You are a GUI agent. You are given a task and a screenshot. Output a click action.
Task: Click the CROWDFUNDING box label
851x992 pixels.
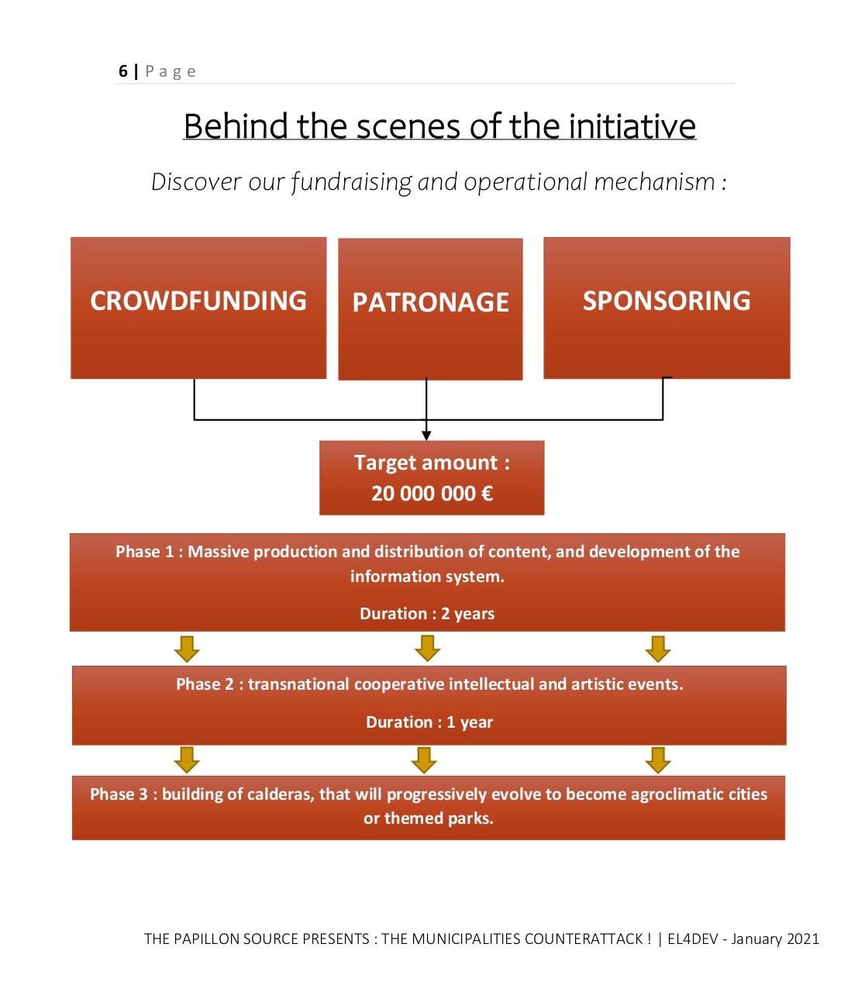coord(198,301)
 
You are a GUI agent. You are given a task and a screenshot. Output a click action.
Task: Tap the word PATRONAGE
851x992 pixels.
coord(430,302)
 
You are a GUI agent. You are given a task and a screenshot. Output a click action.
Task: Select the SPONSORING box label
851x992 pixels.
coord(667,301)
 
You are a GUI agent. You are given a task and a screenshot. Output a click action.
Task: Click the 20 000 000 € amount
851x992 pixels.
coord(432,494)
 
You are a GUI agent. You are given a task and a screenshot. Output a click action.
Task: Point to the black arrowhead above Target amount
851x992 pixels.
coord(426,436)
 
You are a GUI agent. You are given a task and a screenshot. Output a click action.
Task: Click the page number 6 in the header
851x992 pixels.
coord(123,71)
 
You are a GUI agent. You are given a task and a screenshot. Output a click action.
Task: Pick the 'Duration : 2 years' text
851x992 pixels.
coord(427,614)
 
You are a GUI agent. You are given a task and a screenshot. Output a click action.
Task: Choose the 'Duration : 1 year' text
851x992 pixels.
coord(429,722)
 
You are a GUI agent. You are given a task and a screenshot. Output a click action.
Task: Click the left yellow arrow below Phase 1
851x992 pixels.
coord(187,649)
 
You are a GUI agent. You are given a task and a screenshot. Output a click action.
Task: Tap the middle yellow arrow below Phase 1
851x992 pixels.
coord(427,649)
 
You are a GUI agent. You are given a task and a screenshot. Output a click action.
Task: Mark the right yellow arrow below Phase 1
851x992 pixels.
coord(658,649)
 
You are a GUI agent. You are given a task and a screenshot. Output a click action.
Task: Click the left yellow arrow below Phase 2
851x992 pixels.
coord(187,760)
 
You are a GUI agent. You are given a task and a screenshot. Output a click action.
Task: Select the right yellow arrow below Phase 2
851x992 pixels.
coord(658,760)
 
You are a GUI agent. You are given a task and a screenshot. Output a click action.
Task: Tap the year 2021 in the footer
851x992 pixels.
coord(802,939)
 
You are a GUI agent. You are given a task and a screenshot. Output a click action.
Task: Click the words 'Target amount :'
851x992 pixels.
coord(432,463)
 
